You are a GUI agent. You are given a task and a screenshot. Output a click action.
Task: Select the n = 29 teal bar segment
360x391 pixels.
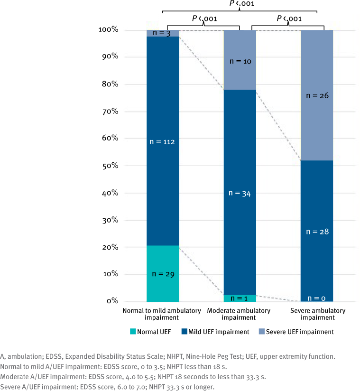163,274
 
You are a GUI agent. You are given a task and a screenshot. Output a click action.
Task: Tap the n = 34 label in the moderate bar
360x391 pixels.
240,193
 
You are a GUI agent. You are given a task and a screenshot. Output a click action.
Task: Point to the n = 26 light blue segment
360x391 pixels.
317,95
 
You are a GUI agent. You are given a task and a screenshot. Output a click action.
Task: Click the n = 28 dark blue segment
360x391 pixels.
317,232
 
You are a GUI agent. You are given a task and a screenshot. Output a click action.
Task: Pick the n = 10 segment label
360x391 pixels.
240,61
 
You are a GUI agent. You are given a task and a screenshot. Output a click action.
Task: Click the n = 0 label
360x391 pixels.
317,298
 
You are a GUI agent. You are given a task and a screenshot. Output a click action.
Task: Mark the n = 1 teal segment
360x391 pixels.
240,298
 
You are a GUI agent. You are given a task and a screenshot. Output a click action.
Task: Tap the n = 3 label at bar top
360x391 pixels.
163,33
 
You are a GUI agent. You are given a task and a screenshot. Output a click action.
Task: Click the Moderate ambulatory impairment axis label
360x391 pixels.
240,314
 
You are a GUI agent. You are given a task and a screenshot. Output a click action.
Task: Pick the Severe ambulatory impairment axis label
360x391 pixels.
317,314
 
